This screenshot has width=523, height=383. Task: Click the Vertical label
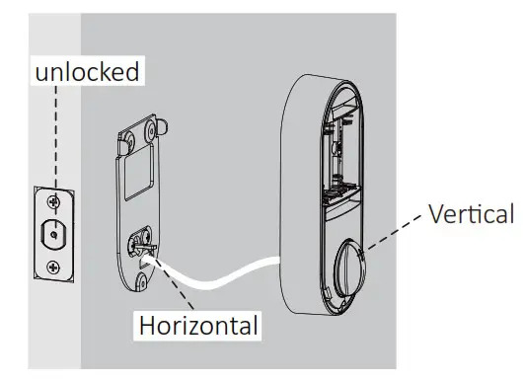coord(472,214)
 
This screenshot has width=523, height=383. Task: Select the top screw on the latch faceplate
coord(53,201)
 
